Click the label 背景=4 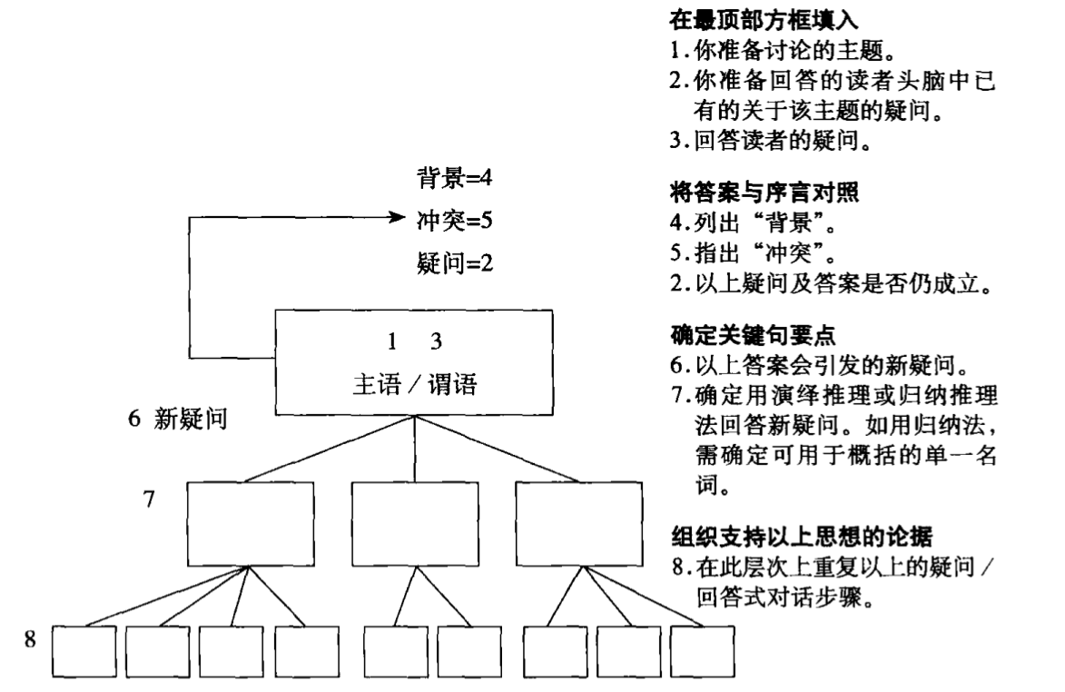pos(454,175)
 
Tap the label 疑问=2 pos(454,264)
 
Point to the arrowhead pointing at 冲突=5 pos(396,219)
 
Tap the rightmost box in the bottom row pos(702,650)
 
